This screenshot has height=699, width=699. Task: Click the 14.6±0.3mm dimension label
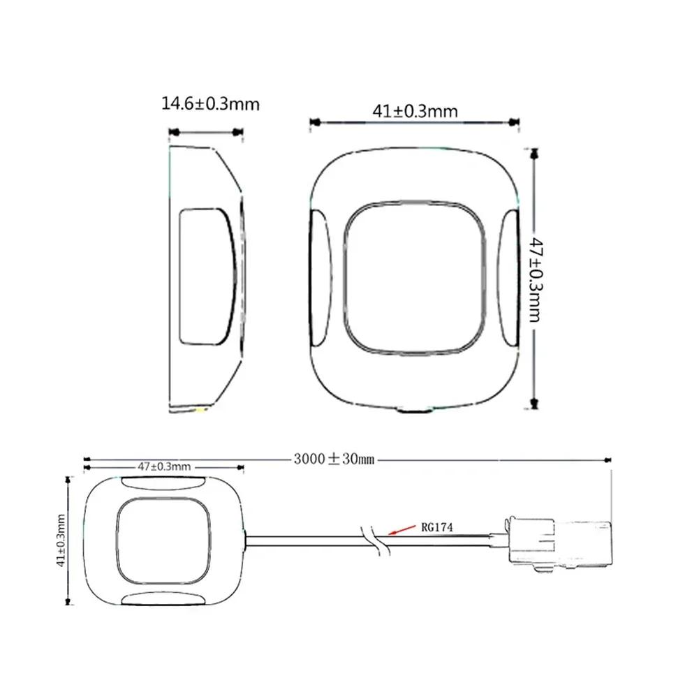pyautogui.click(x=210, y=104)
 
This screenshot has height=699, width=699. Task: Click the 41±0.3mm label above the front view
pyautogui.click(x=415, y=111)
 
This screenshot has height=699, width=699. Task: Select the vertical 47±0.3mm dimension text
pyautogui.click(x=536, y=279)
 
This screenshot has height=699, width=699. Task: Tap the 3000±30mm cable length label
pyautogui.click(x=334, y=459)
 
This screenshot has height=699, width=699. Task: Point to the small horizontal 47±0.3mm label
pyautogui.click(x=163, y=466)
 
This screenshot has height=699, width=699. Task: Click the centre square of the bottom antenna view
pyautogui.click(x=163, y=540)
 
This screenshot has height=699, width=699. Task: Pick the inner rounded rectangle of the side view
pyautogui.click(x=205, y=276)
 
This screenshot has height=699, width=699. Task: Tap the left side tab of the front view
pyautogui.click(x=320, y=279)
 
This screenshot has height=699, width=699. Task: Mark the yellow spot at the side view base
pyautogui.click(x=203, y=411)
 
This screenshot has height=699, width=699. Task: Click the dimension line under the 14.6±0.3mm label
pyautogui.click(x=207, y=131)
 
